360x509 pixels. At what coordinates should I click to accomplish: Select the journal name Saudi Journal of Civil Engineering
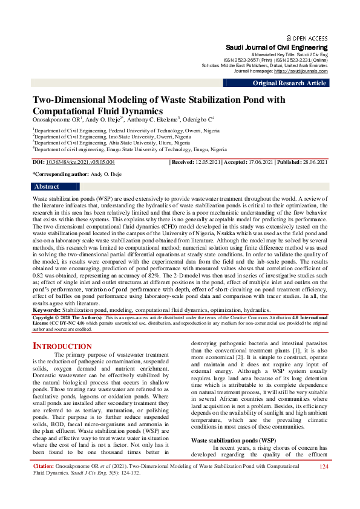pos(277,47)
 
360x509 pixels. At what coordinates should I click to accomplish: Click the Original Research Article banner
pos(289,83)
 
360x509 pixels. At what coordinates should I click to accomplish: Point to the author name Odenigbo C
pos(194,120)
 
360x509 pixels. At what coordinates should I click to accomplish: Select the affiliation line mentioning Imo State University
pos(103,137)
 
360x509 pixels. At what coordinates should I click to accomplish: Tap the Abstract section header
pos(47,187)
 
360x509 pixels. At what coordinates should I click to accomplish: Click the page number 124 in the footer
pos(323,484)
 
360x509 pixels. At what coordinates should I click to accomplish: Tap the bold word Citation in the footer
pos(44,484)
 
